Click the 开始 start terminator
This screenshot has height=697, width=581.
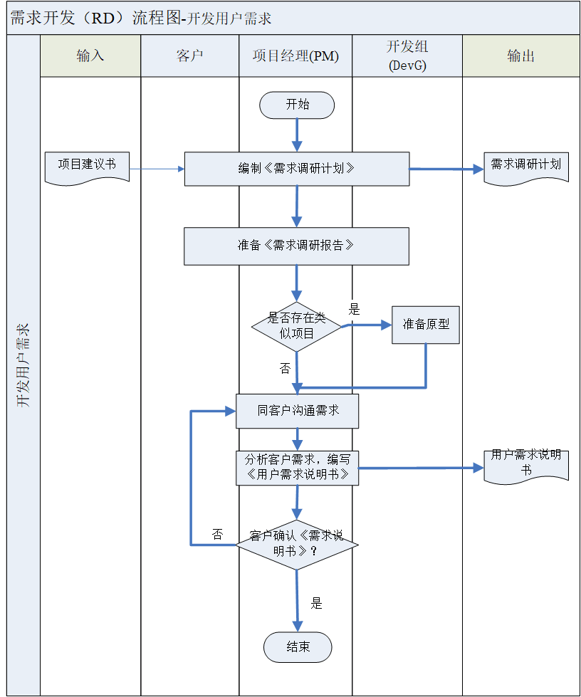pyautogui.click(x=297, y=105)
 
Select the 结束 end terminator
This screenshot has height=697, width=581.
pyautogui.click(x=298, y=647)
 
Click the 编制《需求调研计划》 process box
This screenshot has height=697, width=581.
pyautogui.click(x=297, y=169)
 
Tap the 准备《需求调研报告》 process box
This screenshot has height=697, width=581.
pyautogui.click(x=296, y=246)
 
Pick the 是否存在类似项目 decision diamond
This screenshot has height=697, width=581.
pyautogui.click(x=297, y=326)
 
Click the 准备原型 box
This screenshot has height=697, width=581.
pyautogui.click(x=426, y=325)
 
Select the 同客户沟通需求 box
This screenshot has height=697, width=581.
pyautogui.click(x=298, y=411)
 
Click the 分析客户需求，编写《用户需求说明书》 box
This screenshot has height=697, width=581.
pyautogui.click(x=298, y=468)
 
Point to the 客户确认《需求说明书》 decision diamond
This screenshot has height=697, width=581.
pyautogui.click(x=297, y=544)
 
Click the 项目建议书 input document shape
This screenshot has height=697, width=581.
pyautogui.click(x=87, y=165)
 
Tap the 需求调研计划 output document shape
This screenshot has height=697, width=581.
pyautogui.click(x=526, y=166)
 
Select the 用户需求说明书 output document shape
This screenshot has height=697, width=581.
pyautogui.click(x=526, y=463)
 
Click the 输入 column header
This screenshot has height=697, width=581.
pyautogui.click(x=90, y=56)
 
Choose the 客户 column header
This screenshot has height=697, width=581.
pyautogui.click(x=189, y=56)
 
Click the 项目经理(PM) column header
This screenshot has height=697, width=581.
pyautogui.click(x=295, y=56)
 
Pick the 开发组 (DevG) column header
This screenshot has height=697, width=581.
pyautogui.click(x=407, y=56)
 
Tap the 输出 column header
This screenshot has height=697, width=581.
pyautogui.click(x=521, y=56)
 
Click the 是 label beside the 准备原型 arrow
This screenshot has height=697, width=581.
pyautogui.click(x=354, y=309)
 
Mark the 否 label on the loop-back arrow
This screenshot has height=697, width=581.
pyautogui.click(x=217, y=535)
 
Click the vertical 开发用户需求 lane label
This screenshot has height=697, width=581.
pyautogui.click(x=23, y=365)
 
